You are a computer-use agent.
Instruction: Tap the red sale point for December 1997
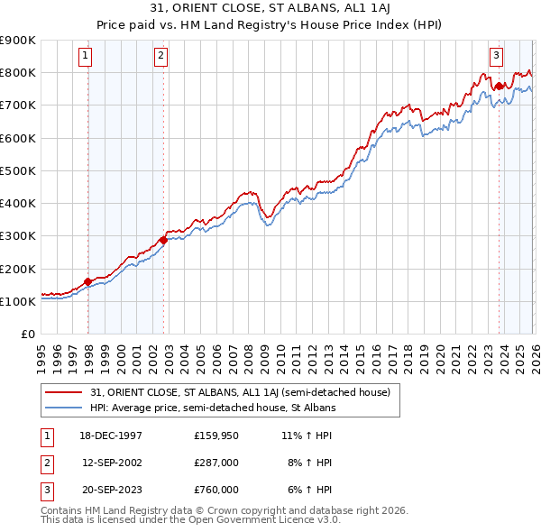point(88,281)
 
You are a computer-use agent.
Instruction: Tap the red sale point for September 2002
point(163,240)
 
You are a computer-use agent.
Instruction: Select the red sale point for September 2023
point(499,86)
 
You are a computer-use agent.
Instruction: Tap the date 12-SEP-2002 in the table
point(113,463)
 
